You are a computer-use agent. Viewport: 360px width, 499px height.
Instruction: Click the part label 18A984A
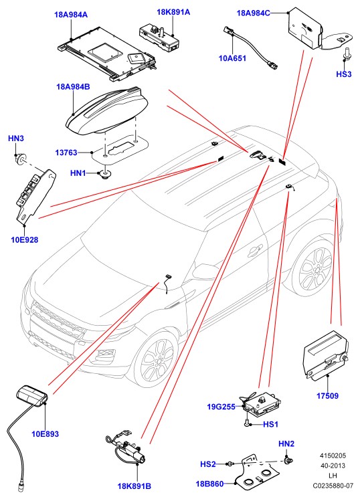[x=71, y=15]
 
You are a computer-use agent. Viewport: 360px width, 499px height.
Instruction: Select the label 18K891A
[x=173, y=12]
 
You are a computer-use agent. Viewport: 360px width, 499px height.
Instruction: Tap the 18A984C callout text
[x=253, y=13]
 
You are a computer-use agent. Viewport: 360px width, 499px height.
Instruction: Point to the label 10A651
[x=232, y=58]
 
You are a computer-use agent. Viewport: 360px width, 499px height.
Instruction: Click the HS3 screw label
[x=344, y=74]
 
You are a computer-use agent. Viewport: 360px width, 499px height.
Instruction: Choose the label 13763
[x=66, y=153]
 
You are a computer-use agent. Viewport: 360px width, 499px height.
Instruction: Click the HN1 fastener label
[x=78, y=173]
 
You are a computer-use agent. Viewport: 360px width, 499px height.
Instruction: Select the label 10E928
[x=25, y=239]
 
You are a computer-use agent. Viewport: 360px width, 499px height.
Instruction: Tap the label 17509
[x=327, y=396]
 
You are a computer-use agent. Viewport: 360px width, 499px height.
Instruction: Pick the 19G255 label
[x=221, y=407]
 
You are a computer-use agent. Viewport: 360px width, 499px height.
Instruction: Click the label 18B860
[x=209, y=484]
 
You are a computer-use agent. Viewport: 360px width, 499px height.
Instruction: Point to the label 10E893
[x=46, y=433]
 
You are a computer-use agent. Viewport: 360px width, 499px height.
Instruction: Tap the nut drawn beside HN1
[x=104, y=174]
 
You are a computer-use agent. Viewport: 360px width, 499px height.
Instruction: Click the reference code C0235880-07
[x=333, y=486]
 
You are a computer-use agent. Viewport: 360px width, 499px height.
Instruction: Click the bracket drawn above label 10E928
[x=35, y=195]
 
